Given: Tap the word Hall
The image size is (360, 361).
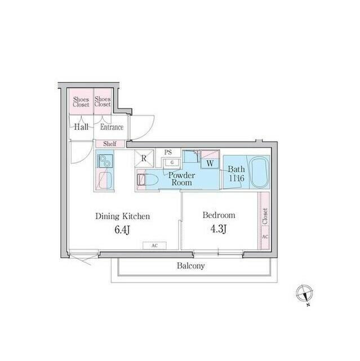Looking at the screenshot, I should click(81, 127).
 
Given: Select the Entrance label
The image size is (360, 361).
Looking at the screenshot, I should click(112, 127).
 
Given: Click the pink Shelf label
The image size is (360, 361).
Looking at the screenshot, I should click(109, 144).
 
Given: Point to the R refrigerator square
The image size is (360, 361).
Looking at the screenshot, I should click(144, 159).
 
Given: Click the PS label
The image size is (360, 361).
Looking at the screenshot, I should click(168, 152).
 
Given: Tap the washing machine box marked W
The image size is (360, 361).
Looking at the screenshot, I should click(209, 163).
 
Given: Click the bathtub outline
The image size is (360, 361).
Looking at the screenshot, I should click(259, 172).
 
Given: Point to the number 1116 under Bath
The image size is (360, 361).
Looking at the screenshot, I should click(236, 178).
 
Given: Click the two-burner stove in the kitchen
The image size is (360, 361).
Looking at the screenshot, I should click(105, 162).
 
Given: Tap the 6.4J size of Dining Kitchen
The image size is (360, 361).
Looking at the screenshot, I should click(122, 230).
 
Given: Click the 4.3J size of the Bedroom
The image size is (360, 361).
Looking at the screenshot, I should click(218, 230).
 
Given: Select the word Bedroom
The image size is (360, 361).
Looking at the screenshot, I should click(219, 215).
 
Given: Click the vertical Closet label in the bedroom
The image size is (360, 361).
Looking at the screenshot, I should click(264, 217).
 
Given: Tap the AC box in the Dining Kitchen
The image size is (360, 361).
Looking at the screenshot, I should click(154, 246).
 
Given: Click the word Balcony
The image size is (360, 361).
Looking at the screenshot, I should click(190, 266).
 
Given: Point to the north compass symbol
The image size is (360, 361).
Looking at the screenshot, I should click(304, 294).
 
